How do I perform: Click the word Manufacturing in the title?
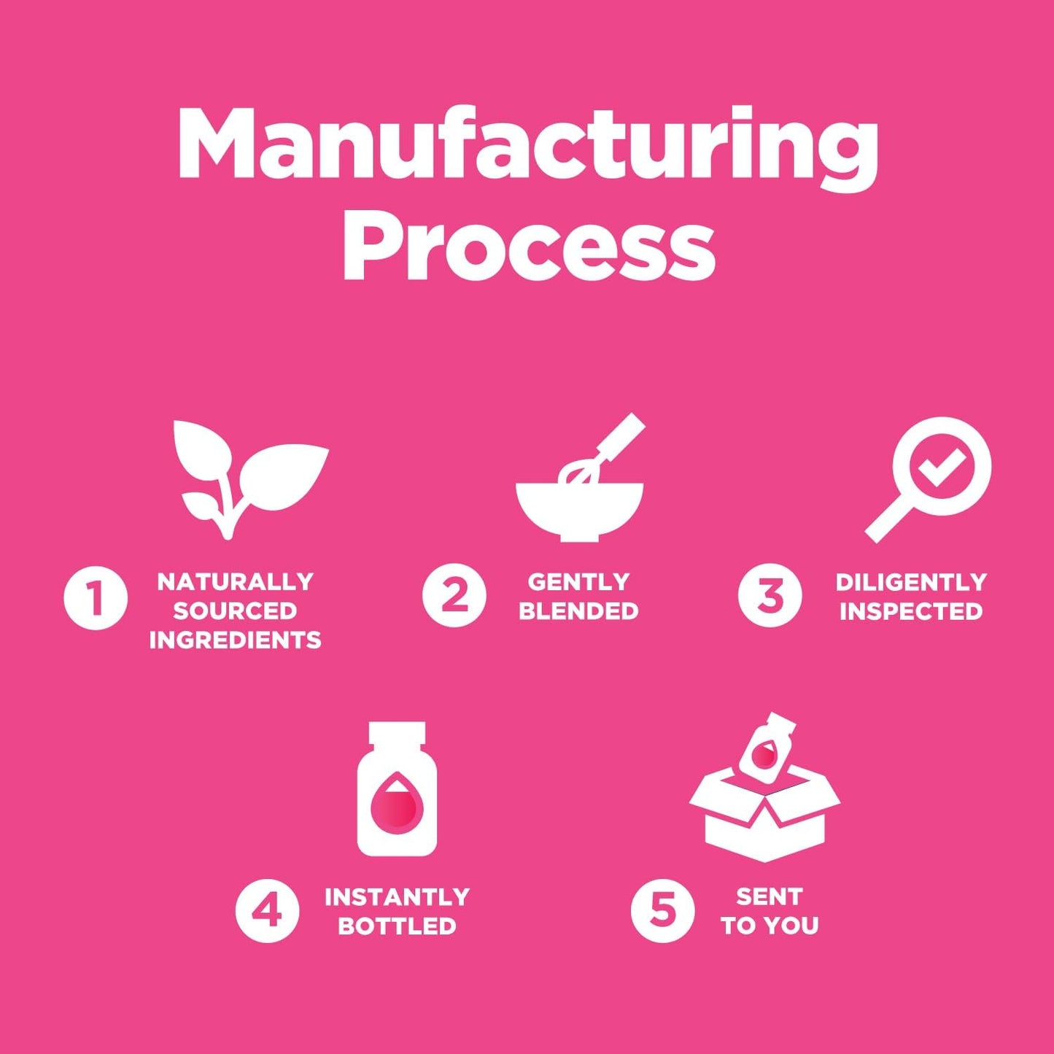527,146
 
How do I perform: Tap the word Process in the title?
529,244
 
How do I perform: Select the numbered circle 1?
96,597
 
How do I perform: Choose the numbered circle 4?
267,911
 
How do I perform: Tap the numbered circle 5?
662,911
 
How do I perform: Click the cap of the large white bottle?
397,735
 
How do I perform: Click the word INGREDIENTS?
235,640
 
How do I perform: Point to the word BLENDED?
578,611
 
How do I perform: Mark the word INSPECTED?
911,611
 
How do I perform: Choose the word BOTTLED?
397,926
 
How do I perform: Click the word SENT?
769,896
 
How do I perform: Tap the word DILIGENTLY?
911,582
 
